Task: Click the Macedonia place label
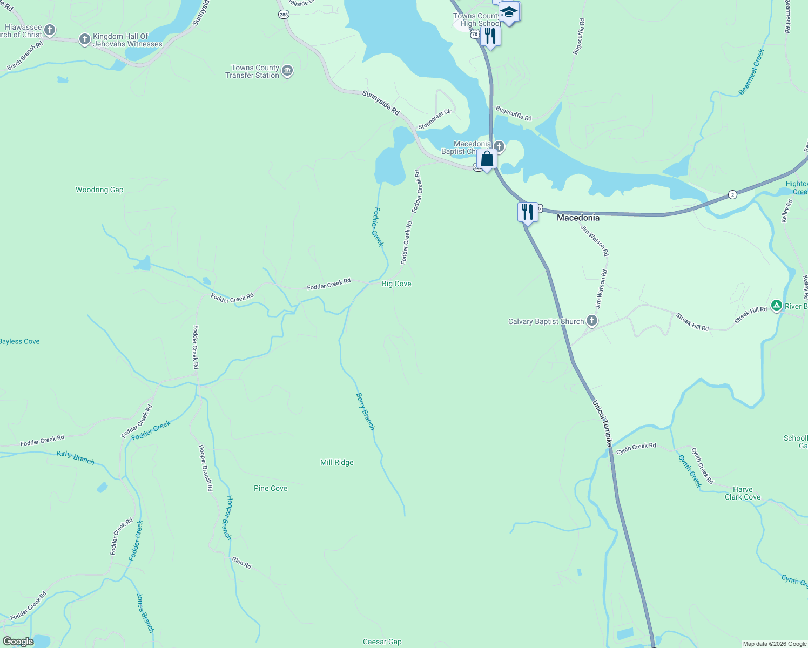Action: pyautogui.click(x=578, y=218)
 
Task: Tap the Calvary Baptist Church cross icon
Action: pyautogui.click(x=592, y=321)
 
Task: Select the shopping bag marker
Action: pyautogui.click(x=487, y=160)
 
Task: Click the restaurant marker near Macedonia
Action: pyautogui.click(x=527, y=212)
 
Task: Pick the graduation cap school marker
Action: pyautogui.click(x=509, y=12)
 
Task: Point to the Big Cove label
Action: pyautogui.click(x=396, y=283)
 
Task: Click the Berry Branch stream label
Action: pyautogui.click(x=365, y=411)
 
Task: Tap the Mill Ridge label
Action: pyautogui.click(x=336, y=462)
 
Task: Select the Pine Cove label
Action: pyautogui.click(x=271, y=488)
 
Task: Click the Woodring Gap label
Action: pyautogui.click(x=99, y=190)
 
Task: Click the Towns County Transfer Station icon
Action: pyautogui.click(x=287, y=71)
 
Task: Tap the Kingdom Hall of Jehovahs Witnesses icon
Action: pyautogui.click(x=84, y=39)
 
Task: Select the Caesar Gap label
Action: pyautogui.click(x=382, y=642)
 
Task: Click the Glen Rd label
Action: pyautogui.click(x=241, y=562)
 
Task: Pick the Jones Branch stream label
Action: pyautogui.click(x=145, y=613)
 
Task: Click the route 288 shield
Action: pyautogui.click(x=284, y=14)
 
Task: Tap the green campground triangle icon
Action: pyautogui.click(x=776, y=306)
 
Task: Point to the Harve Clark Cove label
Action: pyautogui.click(x=742, y=493)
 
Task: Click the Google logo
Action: pyautogui.click(x=18, y=642)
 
